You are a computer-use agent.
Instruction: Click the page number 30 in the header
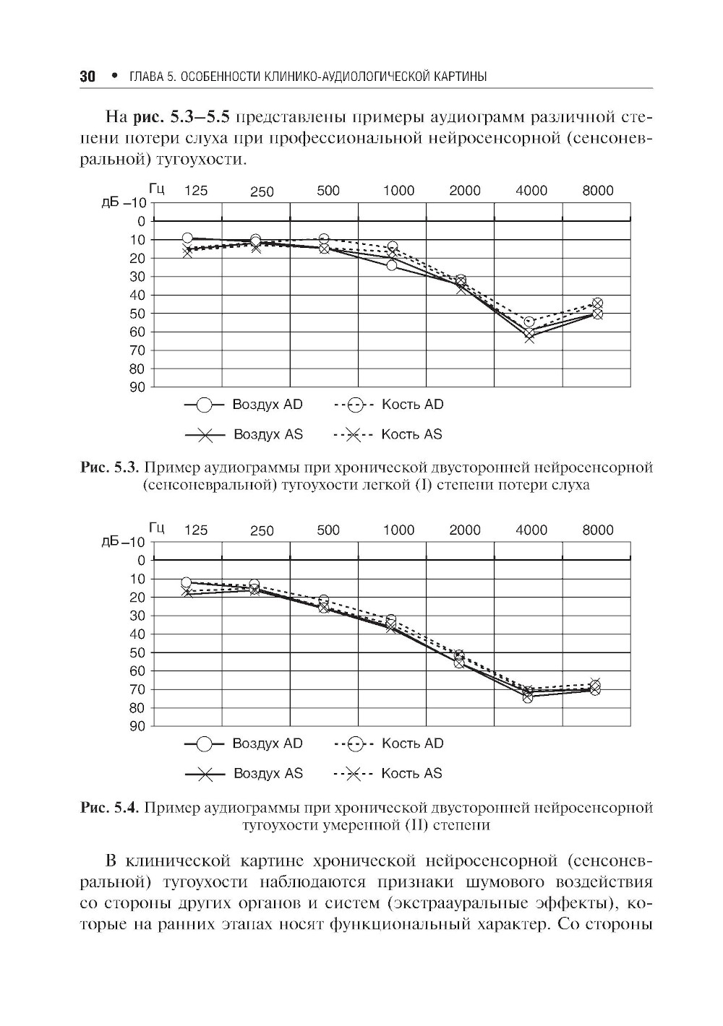87,77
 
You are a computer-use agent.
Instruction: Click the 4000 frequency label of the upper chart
531,191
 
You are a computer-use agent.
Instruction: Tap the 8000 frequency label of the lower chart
598,530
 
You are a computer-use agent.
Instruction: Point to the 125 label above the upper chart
196,191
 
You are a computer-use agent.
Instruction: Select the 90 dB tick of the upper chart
138,387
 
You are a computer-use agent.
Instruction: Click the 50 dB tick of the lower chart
138,652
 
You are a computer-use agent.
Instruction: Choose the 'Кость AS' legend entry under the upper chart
411,434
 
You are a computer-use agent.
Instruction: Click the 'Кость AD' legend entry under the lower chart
412,743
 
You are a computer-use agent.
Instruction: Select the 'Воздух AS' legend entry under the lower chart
268,773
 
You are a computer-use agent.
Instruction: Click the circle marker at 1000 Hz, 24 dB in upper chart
391,265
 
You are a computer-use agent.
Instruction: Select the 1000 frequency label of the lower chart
398,530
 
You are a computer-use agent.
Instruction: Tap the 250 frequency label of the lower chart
262,531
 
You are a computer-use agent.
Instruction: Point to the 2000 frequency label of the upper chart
465,191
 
